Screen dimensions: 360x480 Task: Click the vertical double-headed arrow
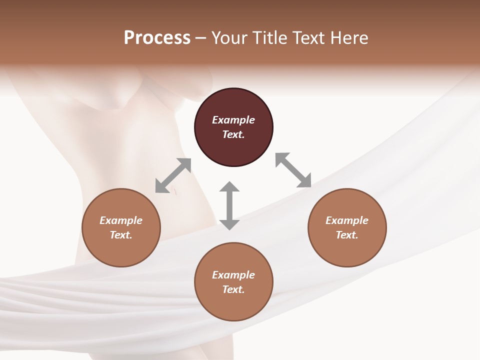[229, 205]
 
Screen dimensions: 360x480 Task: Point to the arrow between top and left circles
[173, 175]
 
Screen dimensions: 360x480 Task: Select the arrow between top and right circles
[293, 170]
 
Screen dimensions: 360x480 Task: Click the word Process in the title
[157, 37]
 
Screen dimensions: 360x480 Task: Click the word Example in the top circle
[233, 120]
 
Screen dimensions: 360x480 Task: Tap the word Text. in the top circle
[233, 134]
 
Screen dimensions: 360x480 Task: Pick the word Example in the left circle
[121, 220]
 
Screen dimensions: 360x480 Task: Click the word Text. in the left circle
[121, 235]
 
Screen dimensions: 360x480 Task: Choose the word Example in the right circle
[347, 220]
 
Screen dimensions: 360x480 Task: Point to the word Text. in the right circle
[347, 235]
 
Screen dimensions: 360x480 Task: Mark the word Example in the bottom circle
[233, 275]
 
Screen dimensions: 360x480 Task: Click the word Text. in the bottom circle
[233, 289]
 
